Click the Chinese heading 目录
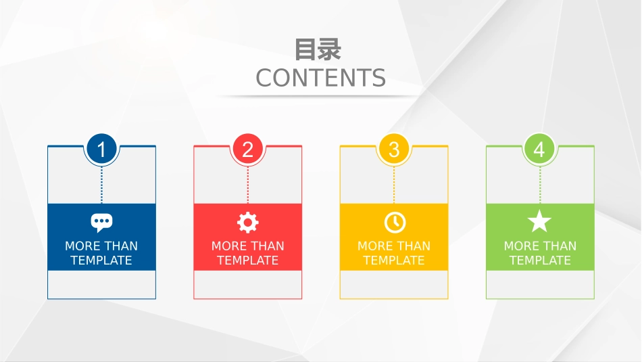[x=318, y=50]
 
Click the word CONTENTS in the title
[x=320, y=78]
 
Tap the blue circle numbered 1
[x=101, y=149]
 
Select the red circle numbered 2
[x=247, y=149]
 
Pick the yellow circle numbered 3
[x=394, y=149]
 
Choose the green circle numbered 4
[x=539, y=149]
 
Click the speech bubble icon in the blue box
[x=101, y=221]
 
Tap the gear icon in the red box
[x=247, y=222]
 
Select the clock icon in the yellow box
[x=394, y=222]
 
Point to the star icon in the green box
[x=539, y=221]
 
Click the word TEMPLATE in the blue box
[x=101, y=261]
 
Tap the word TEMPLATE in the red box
[x=247, y=261]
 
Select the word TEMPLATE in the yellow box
[x=394, y=261]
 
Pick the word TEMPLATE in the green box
[x=540, y=261]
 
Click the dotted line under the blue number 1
[x=101, y=183]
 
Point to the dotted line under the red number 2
[x=247, y=183]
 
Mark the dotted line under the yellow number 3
[x=394, y=183]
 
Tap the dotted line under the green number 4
[x=540, y=183]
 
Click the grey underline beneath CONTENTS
[x=320, y=96]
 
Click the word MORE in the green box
[x=519, y=246]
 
